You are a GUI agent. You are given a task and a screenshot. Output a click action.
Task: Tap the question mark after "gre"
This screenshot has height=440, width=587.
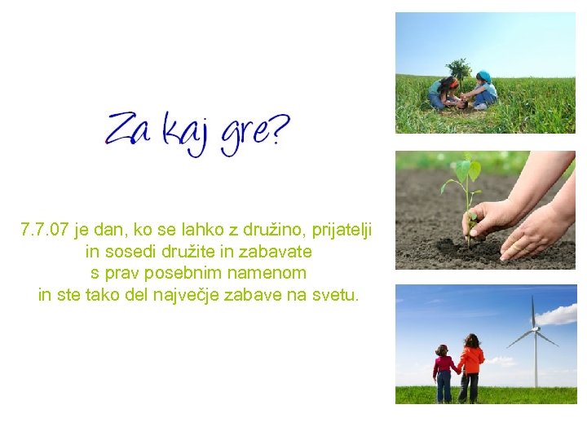tap(276, 129)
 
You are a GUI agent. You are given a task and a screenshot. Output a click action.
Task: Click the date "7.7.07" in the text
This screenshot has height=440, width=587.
tap(45, 231)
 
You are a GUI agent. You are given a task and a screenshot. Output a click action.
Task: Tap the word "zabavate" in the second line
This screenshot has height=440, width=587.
tap(278, 252)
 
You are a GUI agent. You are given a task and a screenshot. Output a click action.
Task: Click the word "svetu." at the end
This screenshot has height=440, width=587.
tap(334, 294)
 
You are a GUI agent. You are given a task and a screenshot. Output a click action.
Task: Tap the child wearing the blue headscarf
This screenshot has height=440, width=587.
tap(484, 88)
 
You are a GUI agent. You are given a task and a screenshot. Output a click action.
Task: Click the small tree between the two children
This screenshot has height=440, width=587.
tap(460, 70)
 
